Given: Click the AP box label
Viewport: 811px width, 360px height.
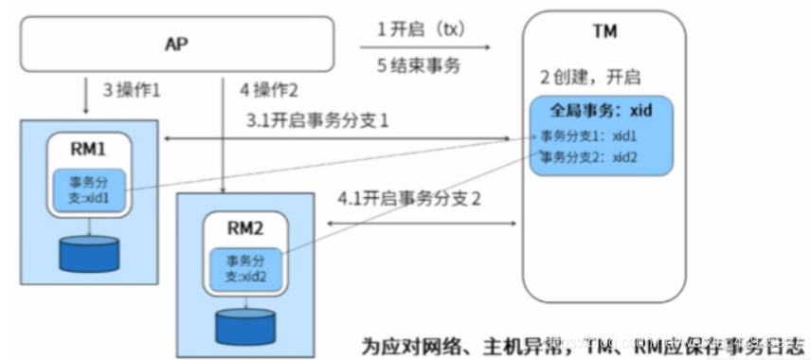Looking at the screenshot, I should point(176,44).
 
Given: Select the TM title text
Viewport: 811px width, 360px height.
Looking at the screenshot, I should point(604,32).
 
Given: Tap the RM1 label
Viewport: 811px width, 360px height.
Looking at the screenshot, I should point(90,150).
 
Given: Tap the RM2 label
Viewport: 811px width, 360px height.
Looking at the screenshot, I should point(244,227).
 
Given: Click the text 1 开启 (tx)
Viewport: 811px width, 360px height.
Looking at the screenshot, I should point(421,28).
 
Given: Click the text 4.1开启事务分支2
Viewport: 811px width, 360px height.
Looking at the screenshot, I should point(409,200).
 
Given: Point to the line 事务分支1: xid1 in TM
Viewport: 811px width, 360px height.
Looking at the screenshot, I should point(588,135).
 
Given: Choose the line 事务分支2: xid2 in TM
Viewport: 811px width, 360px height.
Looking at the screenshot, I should point(588,156).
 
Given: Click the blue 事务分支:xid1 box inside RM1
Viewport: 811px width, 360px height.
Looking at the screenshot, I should point(90,189).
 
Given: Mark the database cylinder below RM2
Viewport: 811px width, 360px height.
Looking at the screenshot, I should point(244,326).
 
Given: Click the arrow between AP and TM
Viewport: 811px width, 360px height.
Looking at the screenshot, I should point(425,46).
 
